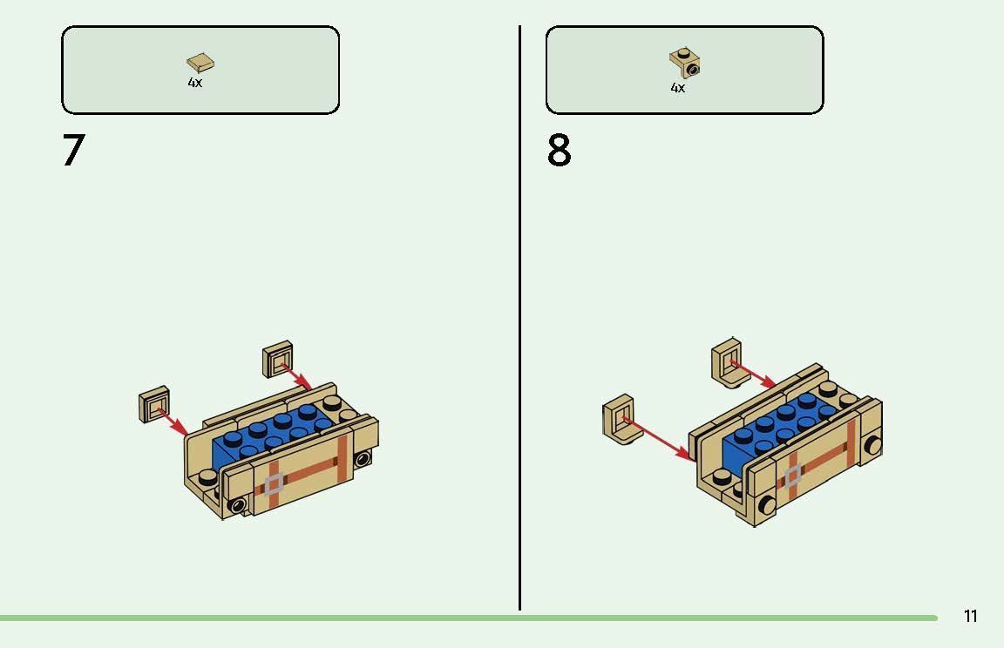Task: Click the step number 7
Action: pyautogui.click(x=73, y=151)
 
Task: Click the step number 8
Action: pyautogui.click(x=559, y=151)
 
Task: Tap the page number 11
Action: pyautogui.click(x=971, y=616)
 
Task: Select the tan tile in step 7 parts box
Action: pyautogui.click(x=200, y=63)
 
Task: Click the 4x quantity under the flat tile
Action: pyautogui.click(x=195, y=83)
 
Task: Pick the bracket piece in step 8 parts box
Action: pyautogui.click(x=685, y=63)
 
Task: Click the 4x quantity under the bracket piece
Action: pyautogui.click(x=678, y=88)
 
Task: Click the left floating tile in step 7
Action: pyautogui.click(x=153, y=403)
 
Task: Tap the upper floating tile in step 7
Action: pyautogui.click(x=278, y=359)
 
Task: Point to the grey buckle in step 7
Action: pyautogui.click(x=274, y=484)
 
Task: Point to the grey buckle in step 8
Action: pyautogui.click(x=793, y=476)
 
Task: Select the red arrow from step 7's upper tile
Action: pyautogui.click(x=296, y=376)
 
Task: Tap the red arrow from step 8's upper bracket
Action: pyautogui.click(x=754, y=375)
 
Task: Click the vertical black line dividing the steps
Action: pyautogui.click(x=520, y=318)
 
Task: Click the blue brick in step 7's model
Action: pyautogui.click(x=272, y=435)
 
